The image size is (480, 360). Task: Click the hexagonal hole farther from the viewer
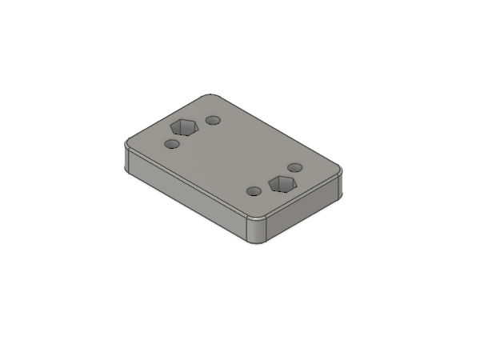185,126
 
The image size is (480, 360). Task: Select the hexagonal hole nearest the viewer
282,184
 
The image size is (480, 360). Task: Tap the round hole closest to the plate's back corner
213,120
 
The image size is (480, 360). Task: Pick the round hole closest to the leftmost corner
171,144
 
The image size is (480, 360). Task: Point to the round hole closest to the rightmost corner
294,167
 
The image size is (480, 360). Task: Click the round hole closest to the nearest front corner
254,191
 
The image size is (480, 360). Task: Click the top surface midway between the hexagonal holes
234,156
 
